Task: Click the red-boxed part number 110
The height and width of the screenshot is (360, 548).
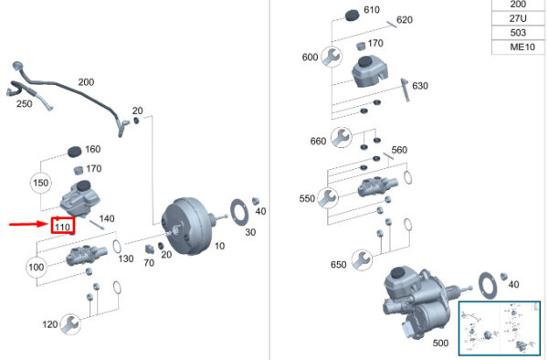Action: click(63, 226)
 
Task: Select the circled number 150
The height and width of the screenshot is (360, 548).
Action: click(41, 183)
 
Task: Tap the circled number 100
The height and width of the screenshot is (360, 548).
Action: click(37, 268)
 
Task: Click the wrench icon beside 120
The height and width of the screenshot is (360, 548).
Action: click(70, 324)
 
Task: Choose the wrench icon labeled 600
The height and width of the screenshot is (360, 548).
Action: click(332, 57)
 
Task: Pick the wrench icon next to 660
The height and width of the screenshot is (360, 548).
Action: click(341, 138)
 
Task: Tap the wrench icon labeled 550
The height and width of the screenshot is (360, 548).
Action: click(328, 198)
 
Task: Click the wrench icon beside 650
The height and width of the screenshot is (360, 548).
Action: click(362, 260)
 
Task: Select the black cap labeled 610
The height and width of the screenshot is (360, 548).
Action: click(353, 16)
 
